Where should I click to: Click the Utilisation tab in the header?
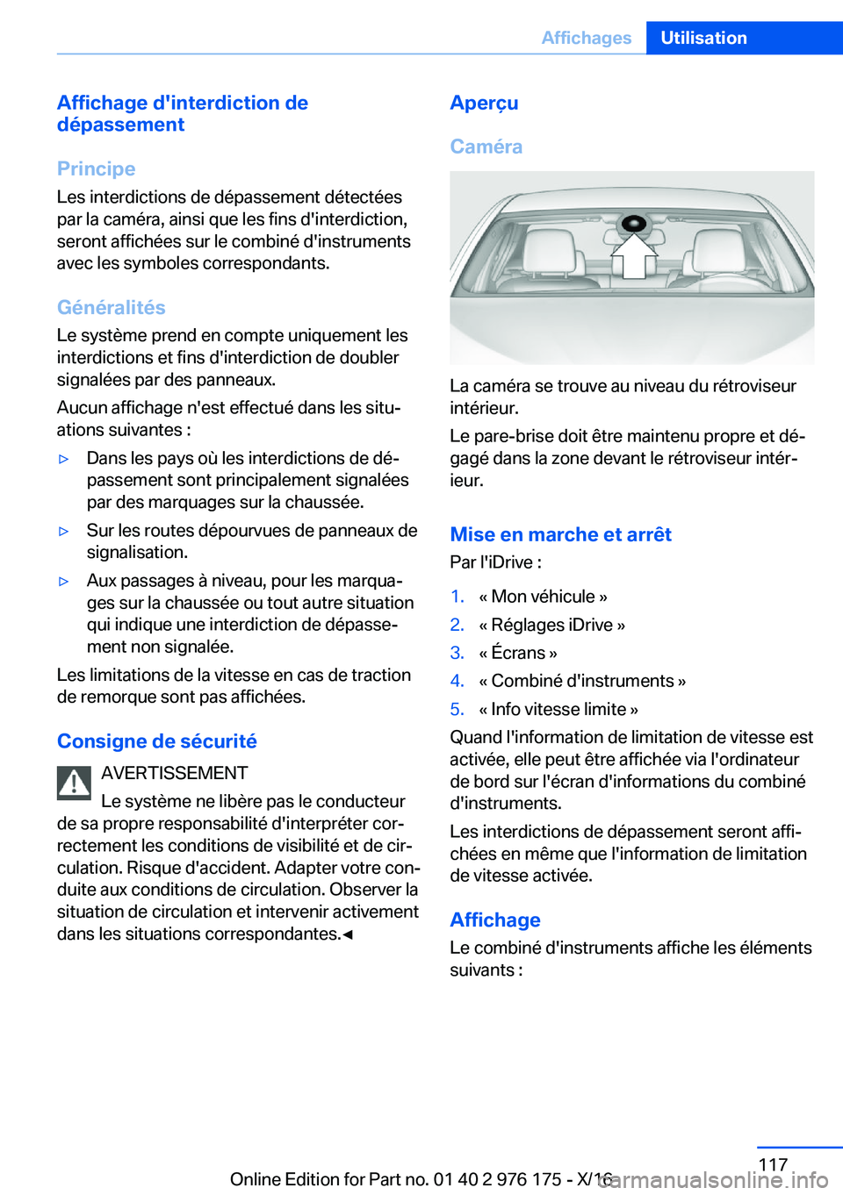(703, 38)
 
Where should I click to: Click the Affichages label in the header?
(586, 38)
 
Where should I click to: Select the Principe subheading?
(96, 168)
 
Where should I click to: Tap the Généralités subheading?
(111, 307)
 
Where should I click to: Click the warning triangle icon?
(74, 783)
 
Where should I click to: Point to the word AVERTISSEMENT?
(174, 773)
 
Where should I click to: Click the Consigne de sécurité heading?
(156, 741)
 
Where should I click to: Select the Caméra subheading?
(486, 147)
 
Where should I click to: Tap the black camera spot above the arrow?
(633, 225)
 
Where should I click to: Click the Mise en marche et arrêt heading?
(560, 534)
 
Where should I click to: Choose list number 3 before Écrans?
(457, 653)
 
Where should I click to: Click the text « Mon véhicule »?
(543, 597)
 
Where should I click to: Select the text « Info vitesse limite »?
(558, 709)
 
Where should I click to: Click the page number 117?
(773, 1164)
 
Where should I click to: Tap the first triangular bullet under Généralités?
(63, 459)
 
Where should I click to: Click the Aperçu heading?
(484, 103)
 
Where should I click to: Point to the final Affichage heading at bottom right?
(494, 920)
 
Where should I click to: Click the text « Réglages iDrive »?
(551, 625)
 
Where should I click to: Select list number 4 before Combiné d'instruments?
(457, 681)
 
